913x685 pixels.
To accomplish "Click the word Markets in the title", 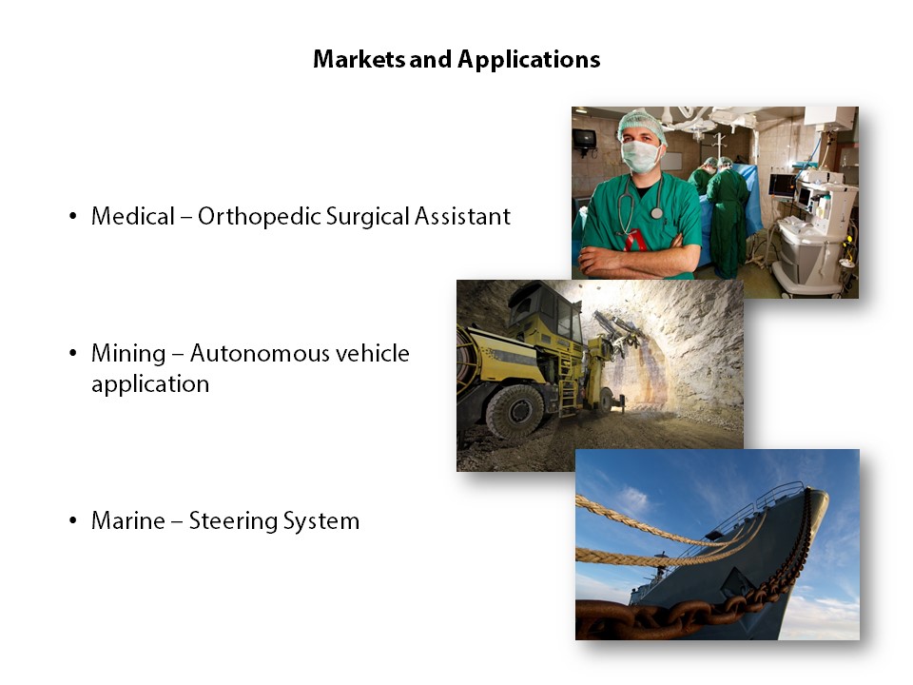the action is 359,59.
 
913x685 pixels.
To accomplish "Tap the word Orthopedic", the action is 259,217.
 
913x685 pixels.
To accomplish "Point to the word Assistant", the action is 462,216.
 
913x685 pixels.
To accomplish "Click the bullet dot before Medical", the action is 73,217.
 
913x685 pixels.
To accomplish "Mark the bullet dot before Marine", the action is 73,520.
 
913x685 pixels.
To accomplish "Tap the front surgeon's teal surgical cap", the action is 642,124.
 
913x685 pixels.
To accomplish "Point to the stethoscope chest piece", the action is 657,213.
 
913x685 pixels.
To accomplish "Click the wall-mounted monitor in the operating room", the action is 584,139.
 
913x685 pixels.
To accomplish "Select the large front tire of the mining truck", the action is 515,411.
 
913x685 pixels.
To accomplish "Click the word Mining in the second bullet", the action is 128,354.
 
